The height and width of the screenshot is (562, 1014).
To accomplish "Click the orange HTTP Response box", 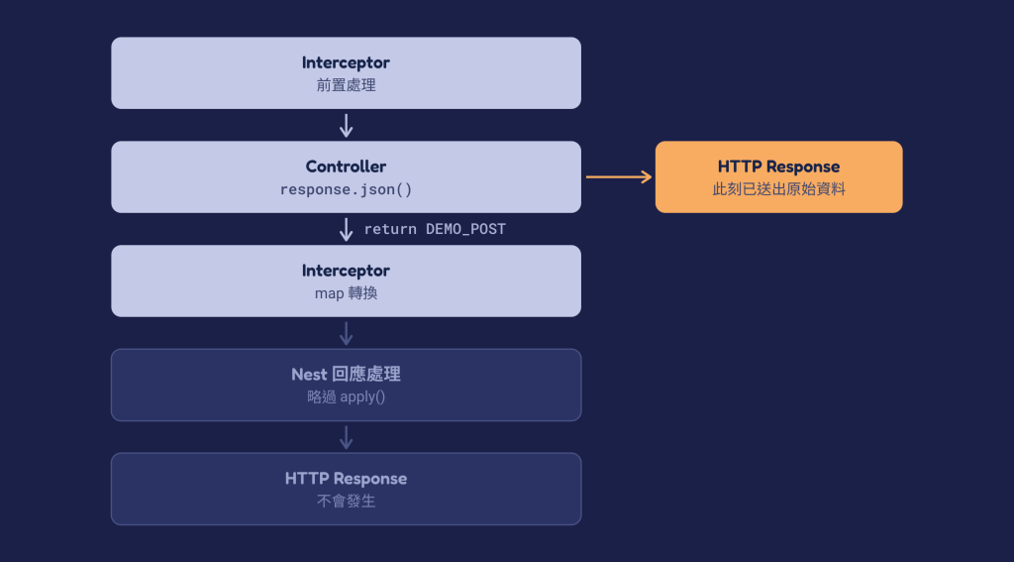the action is pyautogui.click(x=778, y=176).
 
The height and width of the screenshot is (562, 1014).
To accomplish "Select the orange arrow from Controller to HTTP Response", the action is pyautogui.click(x=619, y=176).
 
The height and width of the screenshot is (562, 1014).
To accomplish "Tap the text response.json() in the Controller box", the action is pyautogui.click(x=346, y=189).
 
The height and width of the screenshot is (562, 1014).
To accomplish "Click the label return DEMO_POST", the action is pyautogui.click(x=435, y=229).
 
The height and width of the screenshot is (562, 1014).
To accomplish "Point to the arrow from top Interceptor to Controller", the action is pyautogui.click(x=346, y=126).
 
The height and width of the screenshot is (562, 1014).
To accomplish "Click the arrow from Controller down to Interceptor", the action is pyautogui.click(x=346, y=230).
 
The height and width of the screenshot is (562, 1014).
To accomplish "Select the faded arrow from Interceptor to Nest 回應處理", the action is pyautogui.click(x=346, y=333).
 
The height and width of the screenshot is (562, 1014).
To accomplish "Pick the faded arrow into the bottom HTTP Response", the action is pyautogui.click(x=346, y=438).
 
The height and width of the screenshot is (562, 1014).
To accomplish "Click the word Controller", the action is pyautogui.click(x=346, y=167).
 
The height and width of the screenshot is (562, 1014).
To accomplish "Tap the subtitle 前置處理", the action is pyautogui.click(x=346, y=85).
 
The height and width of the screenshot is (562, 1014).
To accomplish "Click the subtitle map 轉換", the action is pyautogui.click(x=346, y=293).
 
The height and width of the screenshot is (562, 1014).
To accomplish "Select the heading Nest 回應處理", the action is pyautogui.click(x=346, y=375).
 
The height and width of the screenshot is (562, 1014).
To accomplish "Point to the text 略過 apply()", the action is pyautogui.click(x=346, y=396).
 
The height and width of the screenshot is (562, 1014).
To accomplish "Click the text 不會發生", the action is pyautogui.click(x=346, y=502).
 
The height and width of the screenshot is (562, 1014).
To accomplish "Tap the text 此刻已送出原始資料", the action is pyautogui.click(x=778, y=189).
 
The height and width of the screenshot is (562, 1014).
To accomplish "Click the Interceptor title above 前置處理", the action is pyautogui.click(x=346, y=62).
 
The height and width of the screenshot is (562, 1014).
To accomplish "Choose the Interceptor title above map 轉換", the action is pyautogui.click(x=346, y=271).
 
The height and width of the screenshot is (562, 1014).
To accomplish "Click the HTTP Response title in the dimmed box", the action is pyautogui.click(x=346, y=479).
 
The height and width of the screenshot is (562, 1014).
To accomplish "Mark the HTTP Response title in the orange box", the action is pyautogui.click(x=778, y=167).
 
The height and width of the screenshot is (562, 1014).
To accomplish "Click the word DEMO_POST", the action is pyautogui.click(x=465, y=229).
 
